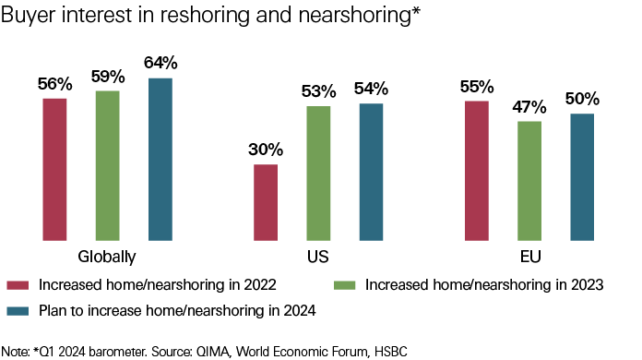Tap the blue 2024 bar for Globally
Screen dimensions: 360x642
[160, 160]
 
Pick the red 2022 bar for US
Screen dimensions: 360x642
[266, 203]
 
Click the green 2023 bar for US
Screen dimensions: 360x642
[318, 174]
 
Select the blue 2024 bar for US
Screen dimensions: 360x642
[371, 173]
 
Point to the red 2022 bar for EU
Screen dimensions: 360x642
[476, 172]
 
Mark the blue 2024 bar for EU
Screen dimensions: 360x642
[582, 177]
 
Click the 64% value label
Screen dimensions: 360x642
[160, 63]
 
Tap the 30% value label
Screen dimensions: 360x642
[266, 149]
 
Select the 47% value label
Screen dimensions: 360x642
[529, 105]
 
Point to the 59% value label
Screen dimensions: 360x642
[107, 76]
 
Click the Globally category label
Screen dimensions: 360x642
[107, 256]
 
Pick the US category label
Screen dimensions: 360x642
[318, 256]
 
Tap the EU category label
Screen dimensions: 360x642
[529, 256]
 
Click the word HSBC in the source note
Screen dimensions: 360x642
[387, 351]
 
